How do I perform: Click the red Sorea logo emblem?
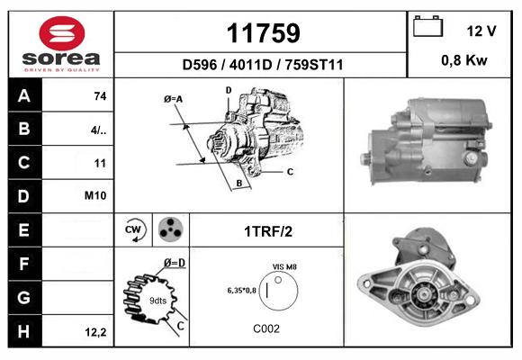(62, 33)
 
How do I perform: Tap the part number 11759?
(263, 33)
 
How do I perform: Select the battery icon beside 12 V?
(427, 26)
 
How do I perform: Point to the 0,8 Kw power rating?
(464, 60)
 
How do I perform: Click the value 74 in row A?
(100, 96)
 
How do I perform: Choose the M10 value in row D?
(95, 195)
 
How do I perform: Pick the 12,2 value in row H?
(95, 332)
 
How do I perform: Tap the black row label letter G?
(24, 297)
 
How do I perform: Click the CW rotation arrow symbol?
(133, 229)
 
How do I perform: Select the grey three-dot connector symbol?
(170, 229)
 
